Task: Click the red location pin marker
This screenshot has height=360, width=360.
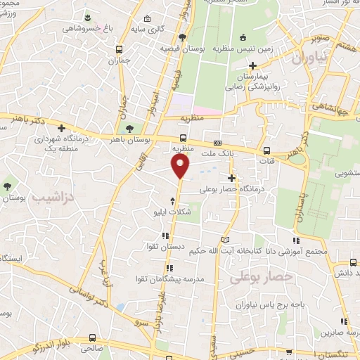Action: click(x=181, y=166)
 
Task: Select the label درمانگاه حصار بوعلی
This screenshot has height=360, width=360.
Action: click(x=231, y=189)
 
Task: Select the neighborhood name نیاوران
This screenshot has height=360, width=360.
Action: click(x=307, y=60)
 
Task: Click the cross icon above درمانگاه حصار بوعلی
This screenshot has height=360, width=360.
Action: click(x=232, y=179)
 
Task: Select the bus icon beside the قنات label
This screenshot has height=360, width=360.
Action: click(x=266, y=150)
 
